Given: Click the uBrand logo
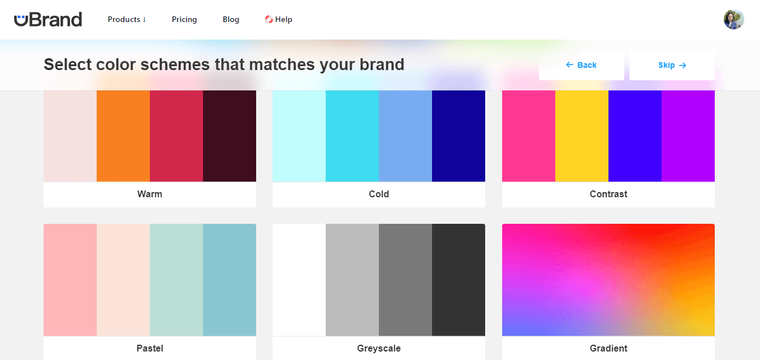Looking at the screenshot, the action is (x=48, y=19).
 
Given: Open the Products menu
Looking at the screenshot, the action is (x=127, y=19).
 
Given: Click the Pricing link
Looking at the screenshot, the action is (x=184, y=19).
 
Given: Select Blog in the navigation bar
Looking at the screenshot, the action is (x=231, y=19).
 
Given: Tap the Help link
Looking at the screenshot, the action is (x=279, y=19).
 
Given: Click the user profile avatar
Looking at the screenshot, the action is (x=733, y=19).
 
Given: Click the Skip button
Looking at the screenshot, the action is (x=672, y=65).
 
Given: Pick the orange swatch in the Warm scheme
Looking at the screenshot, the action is (x=123, y=136).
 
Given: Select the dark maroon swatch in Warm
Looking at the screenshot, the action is (x=230, y=136).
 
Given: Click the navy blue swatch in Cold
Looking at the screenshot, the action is (x=459, y=136).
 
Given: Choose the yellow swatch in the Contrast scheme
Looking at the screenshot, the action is (x=582, y=136).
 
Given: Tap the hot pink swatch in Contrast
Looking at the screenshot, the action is (x=529, y=136).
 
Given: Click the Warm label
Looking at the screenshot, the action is (x=150, y=194).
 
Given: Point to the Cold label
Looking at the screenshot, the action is (x=379, y=194).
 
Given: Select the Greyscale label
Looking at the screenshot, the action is (x=379, y=348).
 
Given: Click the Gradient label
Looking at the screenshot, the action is (x=608, y=348).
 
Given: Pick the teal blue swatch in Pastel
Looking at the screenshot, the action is (x=230, y=280).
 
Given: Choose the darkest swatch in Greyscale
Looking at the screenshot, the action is (x=459, y=280).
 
